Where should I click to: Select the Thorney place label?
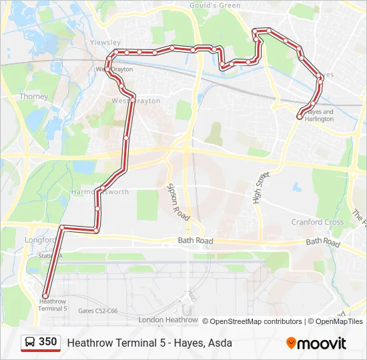[x=33, y=97]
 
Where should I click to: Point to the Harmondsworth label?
[x=99, y=192]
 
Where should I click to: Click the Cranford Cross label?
[x=317, y=222]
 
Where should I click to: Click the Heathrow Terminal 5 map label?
[x=53, y=305]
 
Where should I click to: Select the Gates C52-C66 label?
[x=97, y=311]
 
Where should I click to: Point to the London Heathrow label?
[x=168, y=320]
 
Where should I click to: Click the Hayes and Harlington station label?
[x=319, y=115]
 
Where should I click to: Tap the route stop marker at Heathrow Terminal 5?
[x=45, y=296]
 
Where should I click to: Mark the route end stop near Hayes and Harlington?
[x=300, y=116]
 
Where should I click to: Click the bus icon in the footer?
[x=30, y=343]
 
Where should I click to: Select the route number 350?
[x=48, y=342]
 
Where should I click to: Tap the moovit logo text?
[x=322, y=343]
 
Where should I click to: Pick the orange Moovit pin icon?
[x=291, y=343]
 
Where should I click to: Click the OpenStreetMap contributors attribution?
[x=256, y=321]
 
